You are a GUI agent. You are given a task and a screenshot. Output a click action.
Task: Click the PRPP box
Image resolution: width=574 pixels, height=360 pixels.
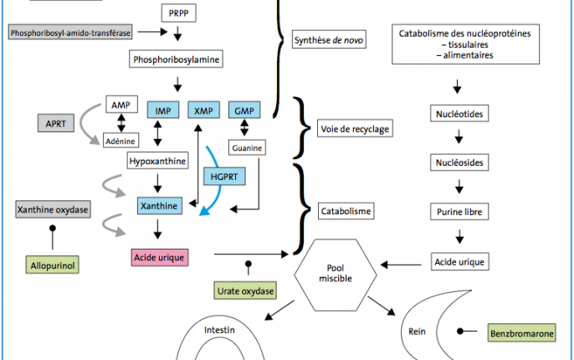click(179, 13)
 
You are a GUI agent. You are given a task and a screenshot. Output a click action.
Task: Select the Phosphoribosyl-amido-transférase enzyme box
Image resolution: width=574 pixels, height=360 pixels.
click(70, 33)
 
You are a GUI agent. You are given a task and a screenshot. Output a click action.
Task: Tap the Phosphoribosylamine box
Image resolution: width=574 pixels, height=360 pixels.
click(176, 59)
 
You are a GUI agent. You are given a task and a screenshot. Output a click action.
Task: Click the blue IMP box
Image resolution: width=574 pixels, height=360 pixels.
click(163, 111)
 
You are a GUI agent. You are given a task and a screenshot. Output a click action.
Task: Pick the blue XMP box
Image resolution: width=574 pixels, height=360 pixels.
click(204, 111)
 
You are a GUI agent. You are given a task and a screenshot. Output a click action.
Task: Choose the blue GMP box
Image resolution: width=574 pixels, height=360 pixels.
click(244, 111)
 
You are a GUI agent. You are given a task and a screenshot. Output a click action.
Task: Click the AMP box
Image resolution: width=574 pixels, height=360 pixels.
click(121, 105)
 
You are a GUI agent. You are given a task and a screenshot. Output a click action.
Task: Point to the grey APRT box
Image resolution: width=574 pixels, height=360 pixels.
click(56, 123)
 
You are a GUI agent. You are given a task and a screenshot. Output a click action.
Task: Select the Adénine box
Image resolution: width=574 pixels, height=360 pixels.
click(120, 141)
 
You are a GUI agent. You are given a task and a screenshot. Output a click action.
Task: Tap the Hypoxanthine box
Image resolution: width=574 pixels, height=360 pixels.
click(158, 161)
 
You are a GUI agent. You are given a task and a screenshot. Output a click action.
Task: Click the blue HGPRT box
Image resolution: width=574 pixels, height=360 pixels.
click(224, 177)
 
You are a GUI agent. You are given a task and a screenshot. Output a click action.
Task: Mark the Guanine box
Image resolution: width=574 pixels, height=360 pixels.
click(247, 147)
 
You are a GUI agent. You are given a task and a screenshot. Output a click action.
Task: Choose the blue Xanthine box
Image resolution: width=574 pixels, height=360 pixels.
click(160, 206)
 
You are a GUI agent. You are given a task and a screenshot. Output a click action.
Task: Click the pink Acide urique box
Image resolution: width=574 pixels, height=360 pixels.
click(160, 258)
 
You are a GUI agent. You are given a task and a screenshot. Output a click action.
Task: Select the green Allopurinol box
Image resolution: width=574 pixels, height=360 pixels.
click(53, 265)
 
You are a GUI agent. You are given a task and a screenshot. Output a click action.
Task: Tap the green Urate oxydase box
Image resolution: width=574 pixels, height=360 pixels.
click(245, 291)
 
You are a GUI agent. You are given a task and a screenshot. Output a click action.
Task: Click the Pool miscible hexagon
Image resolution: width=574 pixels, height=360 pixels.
click(336, 275)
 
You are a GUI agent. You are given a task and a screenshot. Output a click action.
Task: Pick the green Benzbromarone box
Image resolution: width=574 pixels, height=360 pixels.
click(521, 333)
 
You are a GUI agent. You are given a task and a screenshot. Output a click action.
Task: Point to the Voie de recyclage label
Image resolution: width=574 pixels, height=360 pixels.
click(355, 128)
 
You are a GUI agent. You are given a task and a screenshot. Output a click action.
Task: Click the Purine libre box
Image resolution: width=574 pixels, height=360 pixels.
click(459, 212)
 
